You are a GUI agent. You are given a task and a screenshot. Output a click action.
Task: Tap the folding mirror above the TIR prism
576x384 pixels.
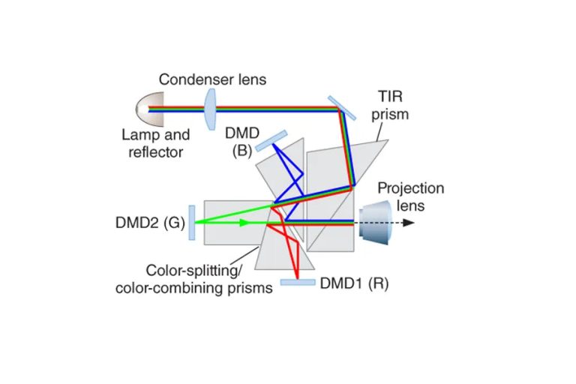click(341, 107)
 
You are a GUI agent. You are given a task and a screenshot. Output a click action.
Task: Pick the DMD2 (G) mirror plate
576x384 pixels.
click(193, 223)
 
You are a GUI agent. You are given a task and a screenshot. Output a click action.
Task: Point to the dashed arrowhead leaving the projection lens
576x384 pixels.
click(408, 223)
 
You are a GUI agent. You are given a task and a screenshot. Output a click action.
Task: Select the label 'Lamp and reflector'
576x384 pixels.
click(156, 144)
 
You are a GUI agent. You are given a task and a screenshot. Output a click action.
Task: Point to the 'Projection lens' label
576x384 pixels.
click(411, 196)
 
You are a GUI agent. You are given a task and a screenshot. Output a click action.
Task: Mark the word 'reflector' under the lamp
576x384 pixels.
click(156, 152)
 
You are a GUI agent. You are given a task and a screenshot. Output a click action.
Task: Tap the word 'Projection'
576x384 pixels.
click(411, 188)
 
